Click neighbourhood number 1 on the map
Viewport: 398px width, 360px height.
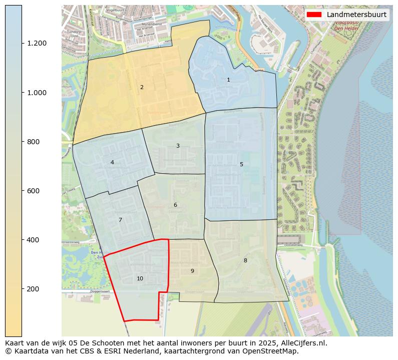coord(228,80)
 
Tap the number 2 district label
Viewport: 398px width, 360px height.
coord(142,88)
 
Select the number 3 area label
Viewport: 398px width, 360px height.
coord(178,146)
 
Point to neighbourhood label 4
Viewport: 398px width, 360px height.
coord(112,163)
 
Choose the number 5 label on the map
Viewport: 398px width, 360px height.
coord(241,165)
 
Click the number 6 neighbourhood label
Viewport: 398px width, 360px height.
coord(175,205)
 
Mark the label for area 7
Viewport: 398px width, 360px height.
coord(120,220)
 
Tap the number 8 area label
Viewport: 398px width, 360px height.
coord(245,261)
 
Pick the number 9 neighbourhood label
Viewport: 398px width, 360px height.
coord(192,271)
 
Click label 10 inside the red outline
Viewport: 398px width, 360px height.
coord(140,279)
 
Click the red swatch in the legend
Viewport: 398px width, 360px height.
coord(315,15)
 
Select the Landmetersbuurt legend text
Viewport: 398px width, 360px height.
coord(356,15)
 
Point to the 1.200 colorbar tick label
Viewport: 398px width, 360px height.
coord(37,44)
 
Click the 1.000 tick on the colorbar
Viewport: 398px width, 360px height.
coord(37,93)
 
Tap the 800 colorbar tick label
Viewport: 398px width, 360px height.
coord(33,142)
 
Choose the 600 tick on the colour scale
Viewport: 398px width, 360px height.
coord(33,191)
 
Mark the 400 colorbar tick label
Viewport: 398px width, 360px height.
coord(33,240)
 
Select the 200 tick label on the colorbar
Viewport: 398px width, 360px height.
coord(33,289)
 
